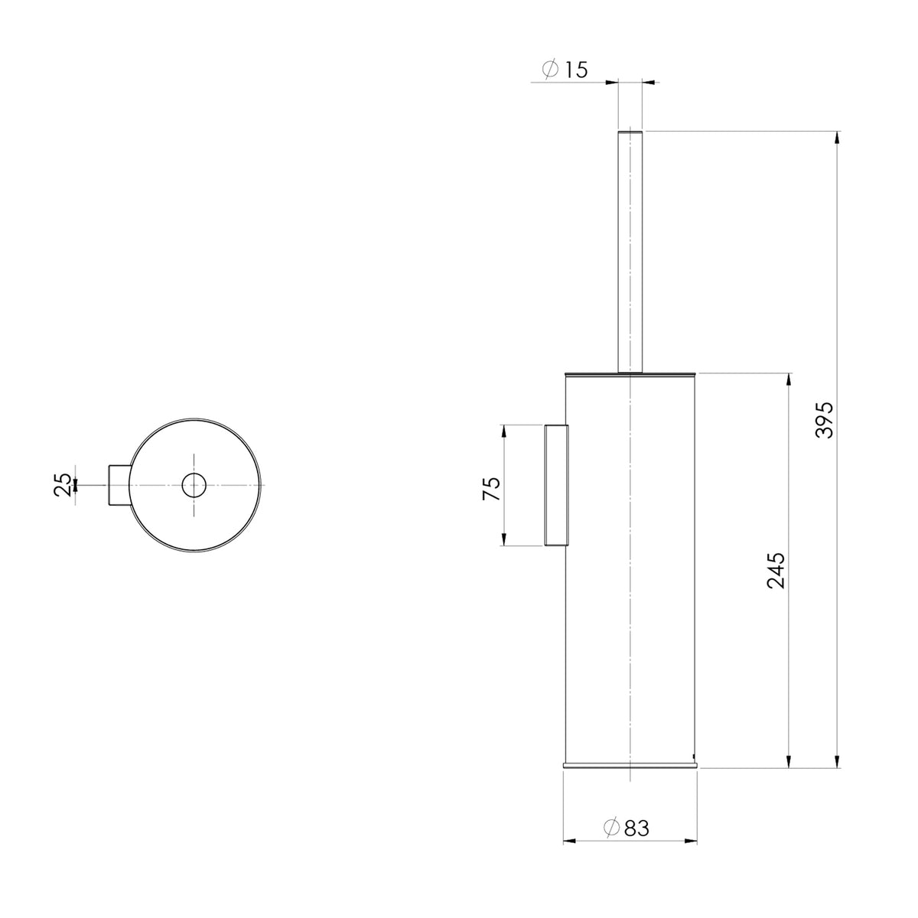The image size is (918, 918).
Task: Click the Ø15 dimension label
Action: point(565,70)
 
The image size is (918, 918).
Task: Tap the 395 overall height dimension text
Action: point(824,420)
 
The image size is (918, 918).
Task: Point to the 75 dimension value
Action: point(492,488)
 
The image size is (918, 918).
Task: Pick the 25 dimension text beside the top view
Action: point(63,485)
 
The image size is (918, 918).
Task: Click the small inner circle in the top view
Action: point(194,486)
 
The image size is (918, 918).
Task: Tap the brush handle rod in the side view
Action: point(630,251)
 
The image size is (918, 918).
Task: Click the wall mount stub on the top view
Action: point(119,485)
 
